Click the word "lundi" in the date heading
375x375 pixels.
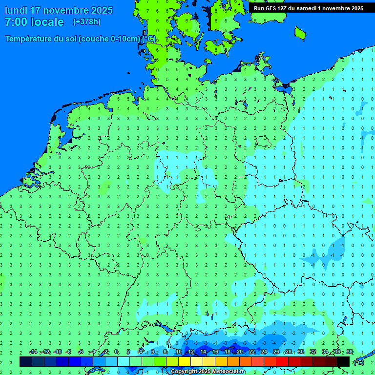click(16, 10)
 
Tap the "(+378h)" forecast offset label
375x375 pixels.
click(87, 22)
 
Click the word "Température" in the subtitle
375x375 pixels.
click(29, 39)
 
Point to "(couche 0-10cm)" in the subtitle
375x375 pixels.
click(109, 39)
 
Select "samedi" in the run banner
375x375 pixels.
click(306, 8)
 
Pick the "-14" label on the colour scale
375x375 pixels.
click(33, 352)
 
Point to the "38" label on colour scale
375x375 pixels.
click(350, 352)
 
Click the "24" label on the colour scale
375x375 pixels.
click(264, 352)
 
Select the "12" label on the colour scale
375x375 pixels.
click(191, 352)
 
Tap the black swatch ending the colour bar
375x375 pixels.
click(343, 361)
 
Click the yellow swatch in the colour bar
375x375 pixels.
click(185, 361)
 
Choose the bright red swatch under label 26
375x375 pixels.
click(282, 361)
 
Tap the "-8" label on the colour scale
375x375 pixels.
click(68, 352)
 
